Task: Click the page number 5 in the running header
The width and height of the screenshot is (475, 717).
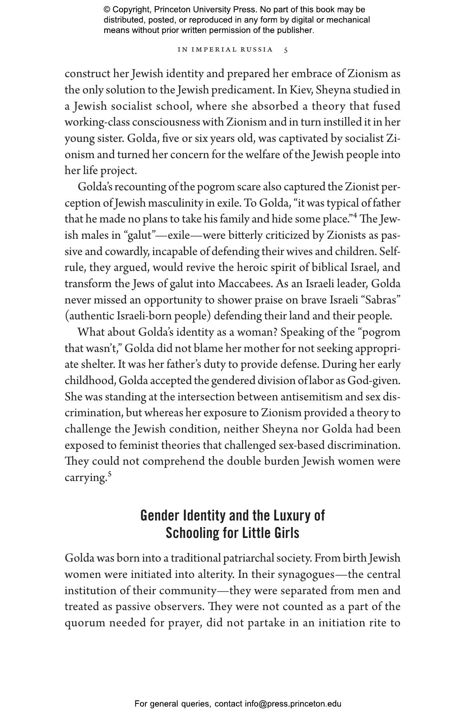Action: click(x=286, y=50)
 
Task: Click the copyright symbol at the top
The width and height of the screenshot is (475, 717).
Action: click(x=107, y=10)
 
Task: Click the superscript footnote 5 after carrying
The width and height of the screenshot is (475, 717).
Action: click(x=110, y=474)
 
